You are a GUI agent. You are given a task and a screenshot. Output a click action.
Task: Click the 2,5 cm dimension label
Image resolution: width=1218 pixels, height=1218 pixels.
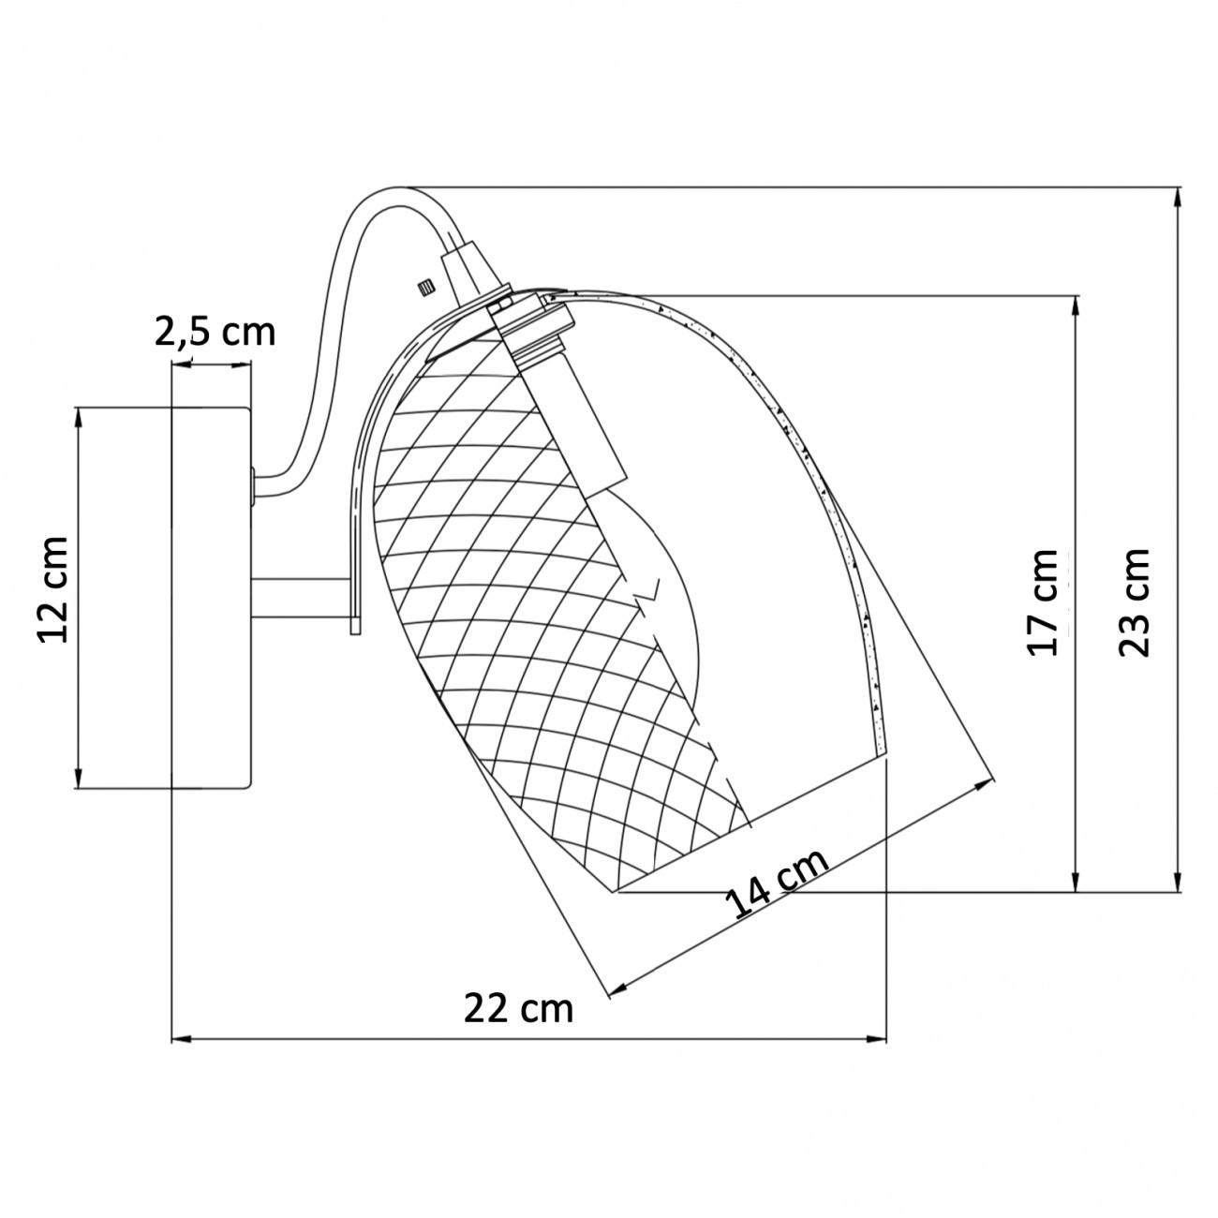[x=215, y=331]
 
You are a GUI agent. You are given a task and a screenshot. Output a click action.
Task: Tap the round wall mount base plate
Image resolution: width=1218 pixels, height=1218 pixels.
[x=211, y=597]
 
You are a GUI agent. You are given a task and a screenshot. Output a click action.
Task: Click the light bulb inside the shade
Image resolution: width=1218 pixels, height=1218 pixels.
[x=656, y=581]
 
